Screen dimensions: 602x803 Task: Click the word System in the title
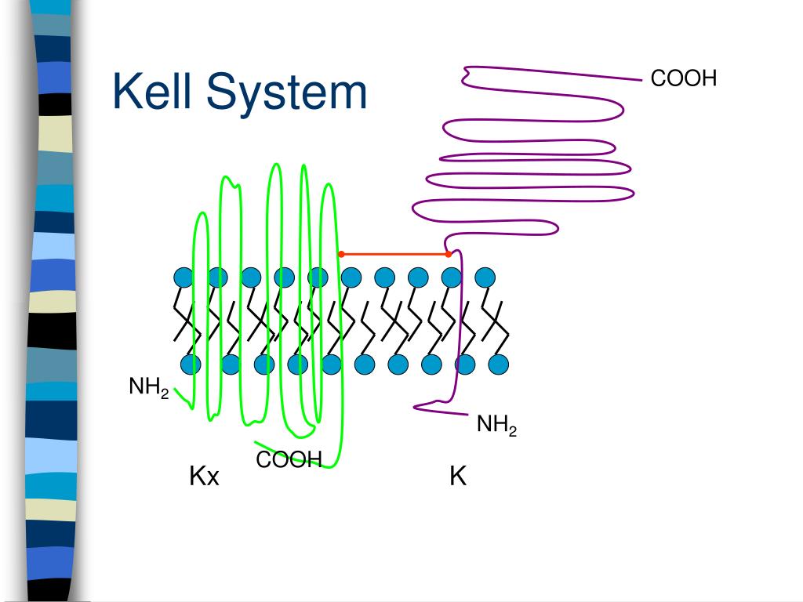pos(285,94)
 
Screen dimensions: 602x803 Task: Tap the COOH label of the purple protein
pos(684,78)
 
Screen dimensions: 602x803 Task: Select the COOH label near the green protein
pos(289,461)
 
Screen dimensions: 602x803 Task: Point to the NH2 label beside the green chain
pos(149,388)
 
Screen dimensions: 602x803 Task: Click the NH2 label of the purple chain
pos(496,426)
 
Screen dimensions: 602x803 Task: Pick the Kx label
pos(204,476)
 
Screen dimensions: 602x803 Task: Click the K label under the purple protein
pos(458,476)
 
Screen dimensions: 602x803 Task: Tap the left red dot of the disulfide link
pos(341,254)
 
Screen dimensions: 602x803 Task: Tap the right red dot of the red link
pos(449,254)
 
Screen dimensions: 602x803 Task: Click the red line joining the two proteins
pos(394,254)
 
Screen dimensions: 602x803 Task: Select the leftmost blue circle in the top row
pos(183,277)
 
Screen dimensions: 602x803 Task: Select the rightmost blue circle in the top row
pos(485,277)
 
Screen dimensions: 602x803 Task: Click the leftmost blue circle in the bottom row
pos(191,364)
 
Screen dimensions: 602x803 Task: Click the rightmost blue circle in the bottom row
pos(499,364)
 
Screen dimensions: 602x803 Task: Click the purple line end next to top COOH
pos(639,78)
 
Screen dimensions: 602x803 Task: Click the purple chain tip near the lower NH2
pos(416,406)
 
